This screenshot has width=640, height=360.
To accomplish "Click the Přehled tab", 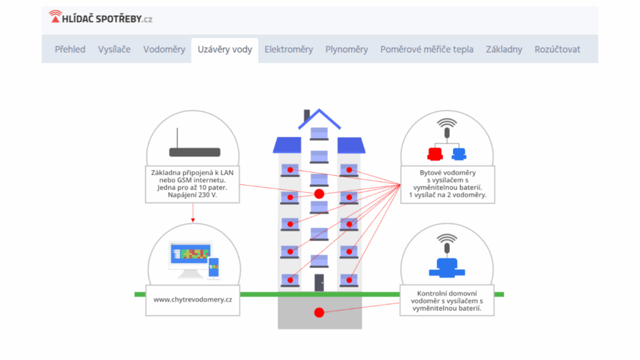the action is pos(70,49).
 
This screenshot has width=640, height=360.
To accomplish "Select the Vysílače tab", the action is pos(114,49).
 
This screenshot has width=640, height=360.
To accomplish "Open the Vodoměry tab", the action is pos(164,49).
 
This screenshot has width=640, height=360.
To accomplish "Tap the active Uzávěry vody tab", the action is pos(225,49).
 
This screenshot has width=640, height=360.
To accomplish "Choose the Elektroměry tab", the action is pos(289,49).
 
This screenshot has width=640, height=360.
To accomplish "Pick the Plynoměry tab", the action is pos(346,49).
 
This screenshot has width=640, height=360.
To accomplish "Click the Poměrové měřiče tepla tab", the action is pos(427,49).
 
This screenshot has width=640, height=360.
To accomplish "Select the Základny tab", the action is pos(504,49).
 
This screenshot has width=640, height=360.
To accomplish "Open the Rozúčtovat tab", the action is pos(557,49).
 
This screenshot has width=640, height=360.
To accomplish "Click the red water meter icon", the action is pos(435,154).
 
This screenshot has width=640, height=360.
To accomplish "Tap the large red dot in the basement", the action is pos(319,312).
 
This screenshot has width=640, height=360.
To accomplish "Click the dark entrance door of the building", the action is pos(319,282).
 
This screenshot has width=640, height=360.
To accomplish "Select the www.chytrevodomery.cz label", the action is pos(192,299).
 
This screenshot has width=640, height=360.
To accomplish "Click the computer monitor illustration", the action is pos(191,259).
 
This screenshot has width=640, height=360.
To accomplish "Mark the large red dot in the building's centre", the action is pos(319,194).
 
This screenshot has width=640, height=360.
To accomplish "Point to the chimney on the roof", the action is pos(307,115).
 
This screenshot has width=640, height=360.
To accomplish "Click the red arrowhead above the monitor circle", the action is pos(193,221).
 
